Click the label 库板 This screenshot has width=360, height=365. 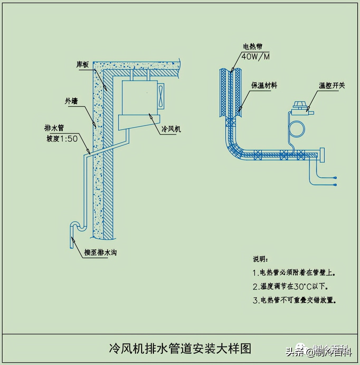[83, 64]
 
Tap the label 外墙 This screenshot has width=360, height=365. [71, 101]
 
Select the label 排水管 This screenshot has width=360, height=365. [54, 128]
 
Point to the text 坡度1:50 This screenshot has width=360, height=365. [62, 139]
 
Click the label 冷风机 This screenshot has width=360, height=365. [171, 129]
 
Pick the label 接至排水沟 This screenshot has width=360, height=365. [100, 252]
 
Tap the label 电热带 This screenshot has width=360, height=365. [253, 47]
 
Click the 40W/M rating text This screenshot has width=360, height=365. [255, 57]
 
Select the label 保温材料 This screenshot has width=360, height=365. [264, 85]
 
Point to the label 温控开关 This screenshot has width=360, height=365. [332, 85]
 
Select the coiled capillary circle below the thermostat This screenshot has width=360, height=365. [297, 129]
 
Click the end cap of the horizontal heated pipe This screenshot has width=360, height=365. [322, 155]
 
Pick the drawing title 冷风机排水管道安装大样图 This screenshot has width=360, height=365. [180, 348]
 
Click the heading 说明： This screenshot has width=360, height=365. [260, 259]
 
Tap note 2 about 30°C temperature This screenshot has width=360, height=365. [290, 286]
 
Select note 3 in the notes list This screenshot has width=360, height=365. [294, 300]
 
